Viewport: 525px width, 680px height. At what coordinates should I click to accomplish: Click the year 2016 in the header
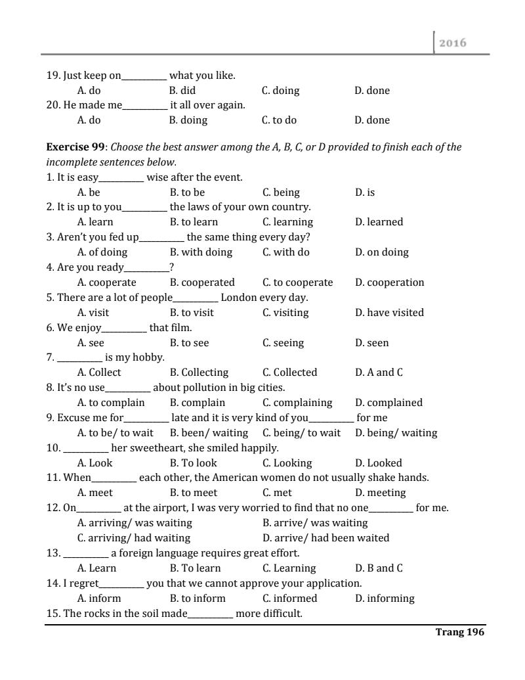[453, 43]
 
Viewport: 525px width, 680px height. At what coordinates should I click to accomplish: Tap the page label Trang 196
[459, 632]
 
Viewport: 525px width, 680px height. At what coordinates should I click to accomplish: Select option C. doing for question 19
[280, 91]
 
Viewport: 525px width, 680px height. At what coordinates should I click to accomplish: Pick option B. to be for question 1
[187, 193]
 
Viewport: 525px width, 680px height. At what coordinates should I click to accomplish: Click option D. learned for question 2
[379, 222]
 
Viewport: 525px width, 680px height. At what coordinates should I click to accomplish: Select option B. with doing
[201, 252]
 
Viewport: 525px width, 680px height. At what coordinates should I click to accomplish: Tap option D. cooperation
[389, 283]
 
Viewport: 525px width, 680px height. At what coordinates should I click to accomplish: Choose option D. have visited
[389, 313]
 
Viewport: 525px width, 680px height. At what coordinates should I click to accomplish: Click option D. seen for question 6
[371, 343]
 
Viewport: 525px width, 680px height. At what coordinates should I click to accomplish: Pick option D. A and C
[379, 373]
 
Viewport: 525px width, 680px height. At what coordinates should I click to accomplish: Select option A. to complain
[110, 403]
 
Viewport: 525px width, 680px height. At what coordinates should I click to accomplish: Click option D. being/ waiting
[396, 433]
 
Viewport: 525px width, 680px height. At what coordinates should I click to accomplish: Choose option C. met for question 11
[277, 493]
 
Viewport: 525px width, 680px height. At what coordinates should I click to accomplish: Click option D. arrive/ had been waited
[325, 538]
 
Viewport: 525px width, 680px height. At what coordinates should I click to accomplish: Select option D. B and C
[379, 568]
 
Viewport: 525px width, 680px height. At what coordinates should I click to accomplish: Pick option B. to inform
[197, 599]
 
